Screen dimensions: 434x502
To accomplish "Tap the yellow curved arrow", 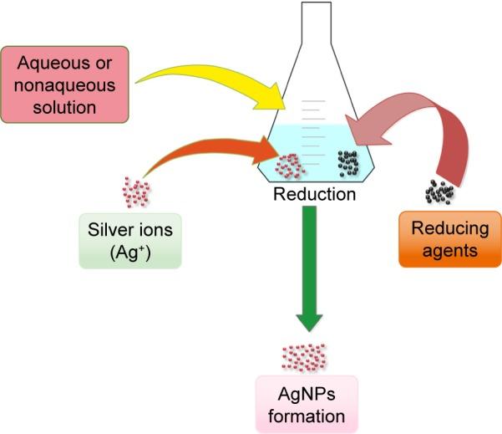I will (x=209, y=75).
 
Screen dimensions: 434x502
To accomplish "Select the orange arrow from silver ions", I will (x=209, y=150).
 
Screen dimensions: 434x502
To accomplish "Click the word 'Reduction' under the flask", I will (x=314, y=195).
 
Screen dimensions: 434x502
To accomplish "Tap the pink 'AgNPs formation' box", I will (x=307, y=404).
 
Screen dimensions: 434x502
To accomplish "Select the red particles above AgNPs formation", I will (x=303, y=357).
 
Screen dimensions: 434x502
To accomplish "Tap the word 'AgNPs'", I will (x=307, y=395).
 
